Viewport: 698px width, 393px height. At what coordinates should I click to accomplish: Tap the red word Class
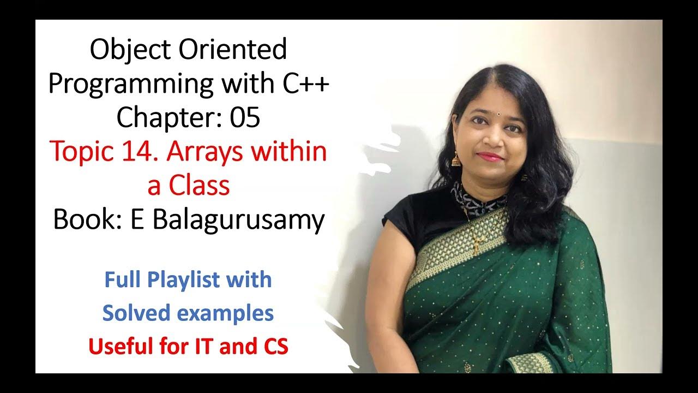pos(199,186)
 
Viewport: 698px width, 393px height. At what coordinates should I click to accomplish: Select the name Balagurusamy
pos(238,220)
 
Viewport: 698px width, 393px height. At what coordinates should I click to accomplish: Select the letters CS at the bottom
pos(272,347)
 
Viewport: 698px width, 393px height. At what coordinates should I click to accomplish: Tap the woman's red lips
pos(490,157)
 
